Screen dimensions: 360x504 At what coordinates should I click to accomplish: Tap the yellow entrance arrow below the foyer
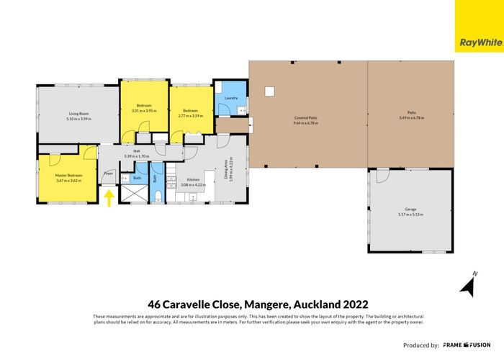coord(109,198)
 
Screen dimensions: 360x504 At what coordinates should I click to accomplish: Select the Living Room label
coord(78,113)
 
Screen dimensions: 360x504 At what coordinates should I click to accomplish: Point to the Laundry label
coord(231,98)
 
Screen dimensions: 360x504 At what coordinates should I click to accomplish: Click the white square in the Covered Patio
coord(270,91)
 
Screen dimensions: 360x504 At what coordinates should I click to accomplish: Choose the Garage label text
coord(412,210)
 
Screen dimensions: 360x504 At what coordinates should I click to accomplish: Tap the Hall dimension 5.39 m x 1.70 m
coord(136,156)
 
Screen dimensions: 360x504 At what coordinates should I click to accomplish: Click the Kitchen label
coord(193,179)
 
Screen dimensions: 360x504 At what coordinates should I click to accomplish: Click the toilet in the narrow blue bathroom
coord(158,197)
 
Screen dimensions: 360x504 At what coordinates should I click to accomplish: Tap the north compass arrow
coord(467,287)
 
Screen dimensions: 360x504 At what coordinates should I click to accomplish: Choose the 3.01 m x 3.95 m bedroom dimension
coord(144,111)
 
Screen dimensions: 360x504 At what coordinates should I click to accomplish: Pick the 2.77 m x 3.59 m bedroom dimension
coord(191,116)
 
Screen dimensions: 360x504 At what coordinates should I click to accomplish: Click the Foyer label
coord(109,174)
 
